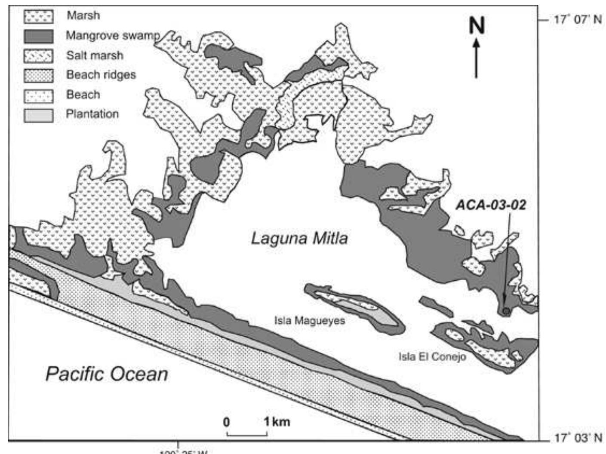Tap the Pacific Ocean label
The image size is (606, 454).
pos(107,374)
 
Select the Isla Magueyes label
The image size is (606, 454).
pos(310,321)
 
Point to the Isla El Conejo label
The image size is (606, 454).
pos(432,356)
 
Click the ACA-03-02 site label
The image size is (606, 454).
pos(491,205)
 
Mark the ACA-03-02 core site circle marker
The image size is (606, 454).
pos(506,311)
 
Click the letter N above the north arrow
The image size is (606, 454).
pos(477,26)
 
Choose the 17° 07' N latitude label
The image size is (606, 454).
pos(577,19)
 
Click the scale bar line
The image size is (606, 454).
pos(247,435)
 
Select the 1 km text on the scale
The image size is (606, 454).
pos(277,422)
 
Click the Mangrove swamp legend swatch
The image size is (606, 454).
pos(39,36)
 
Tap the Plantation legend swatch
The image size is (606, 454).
pos(39,115)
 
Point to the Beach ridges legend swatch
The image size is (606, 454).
pos(39,76)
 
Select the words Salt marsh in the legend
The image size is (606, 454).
pos(95,55)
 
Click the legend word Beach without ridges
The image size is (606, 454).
pos(83,95)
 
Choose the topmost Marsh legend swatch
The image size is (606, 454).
pos(39,16)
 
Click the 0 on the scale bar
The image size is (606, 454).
pos(227,422)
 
